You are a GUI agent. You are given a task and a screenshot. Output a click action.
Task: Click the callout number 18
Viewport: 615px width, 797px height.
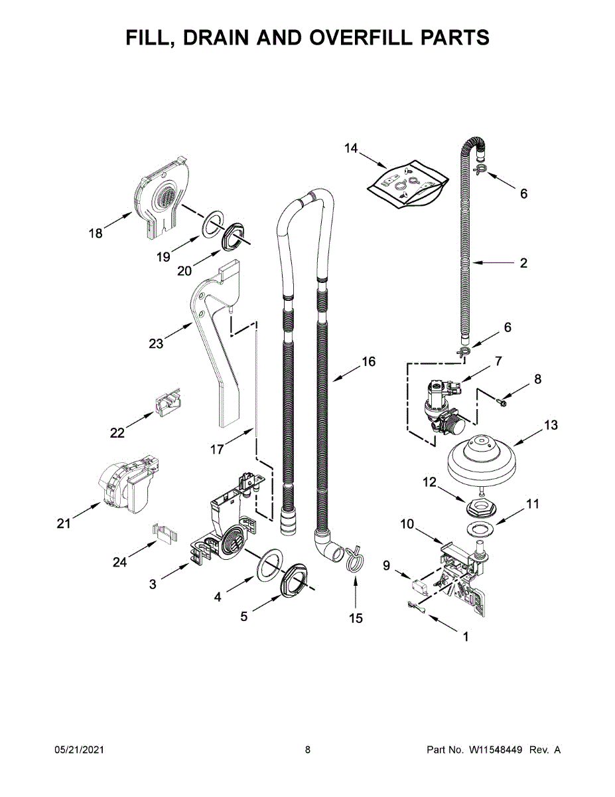[x=96, y=233]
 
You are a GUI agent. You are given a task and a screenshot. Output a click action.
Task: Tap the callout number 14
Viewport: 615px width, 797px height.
[x=350, y=148]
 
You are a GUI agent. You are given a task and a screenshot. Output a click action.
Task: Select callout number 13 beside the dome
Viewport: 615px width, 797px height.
[x=551, y=425]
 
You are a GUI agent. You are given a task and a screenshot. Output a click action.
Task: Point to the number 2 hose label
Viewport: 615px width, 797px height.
[x=523, y=263]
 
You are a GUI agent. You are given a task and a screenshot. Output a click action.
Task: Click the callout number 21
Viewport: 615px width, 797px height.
[x=63, y=524]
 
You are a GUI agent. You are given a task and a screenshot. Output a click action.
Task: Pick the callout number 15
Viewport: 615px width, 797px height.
[x=356, y=618]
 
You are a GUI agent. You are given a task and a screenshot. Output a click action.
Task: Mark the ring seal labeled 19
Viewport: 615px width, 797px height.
[x=211, y=224]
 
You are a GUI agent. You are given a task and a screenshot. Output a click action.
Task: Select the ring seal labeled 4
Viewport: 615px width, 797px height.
[x=267, y=564]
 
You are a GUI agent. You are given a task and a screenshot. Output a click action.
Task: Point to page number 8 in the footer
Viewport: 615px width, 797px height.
[x=308, y=750]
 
